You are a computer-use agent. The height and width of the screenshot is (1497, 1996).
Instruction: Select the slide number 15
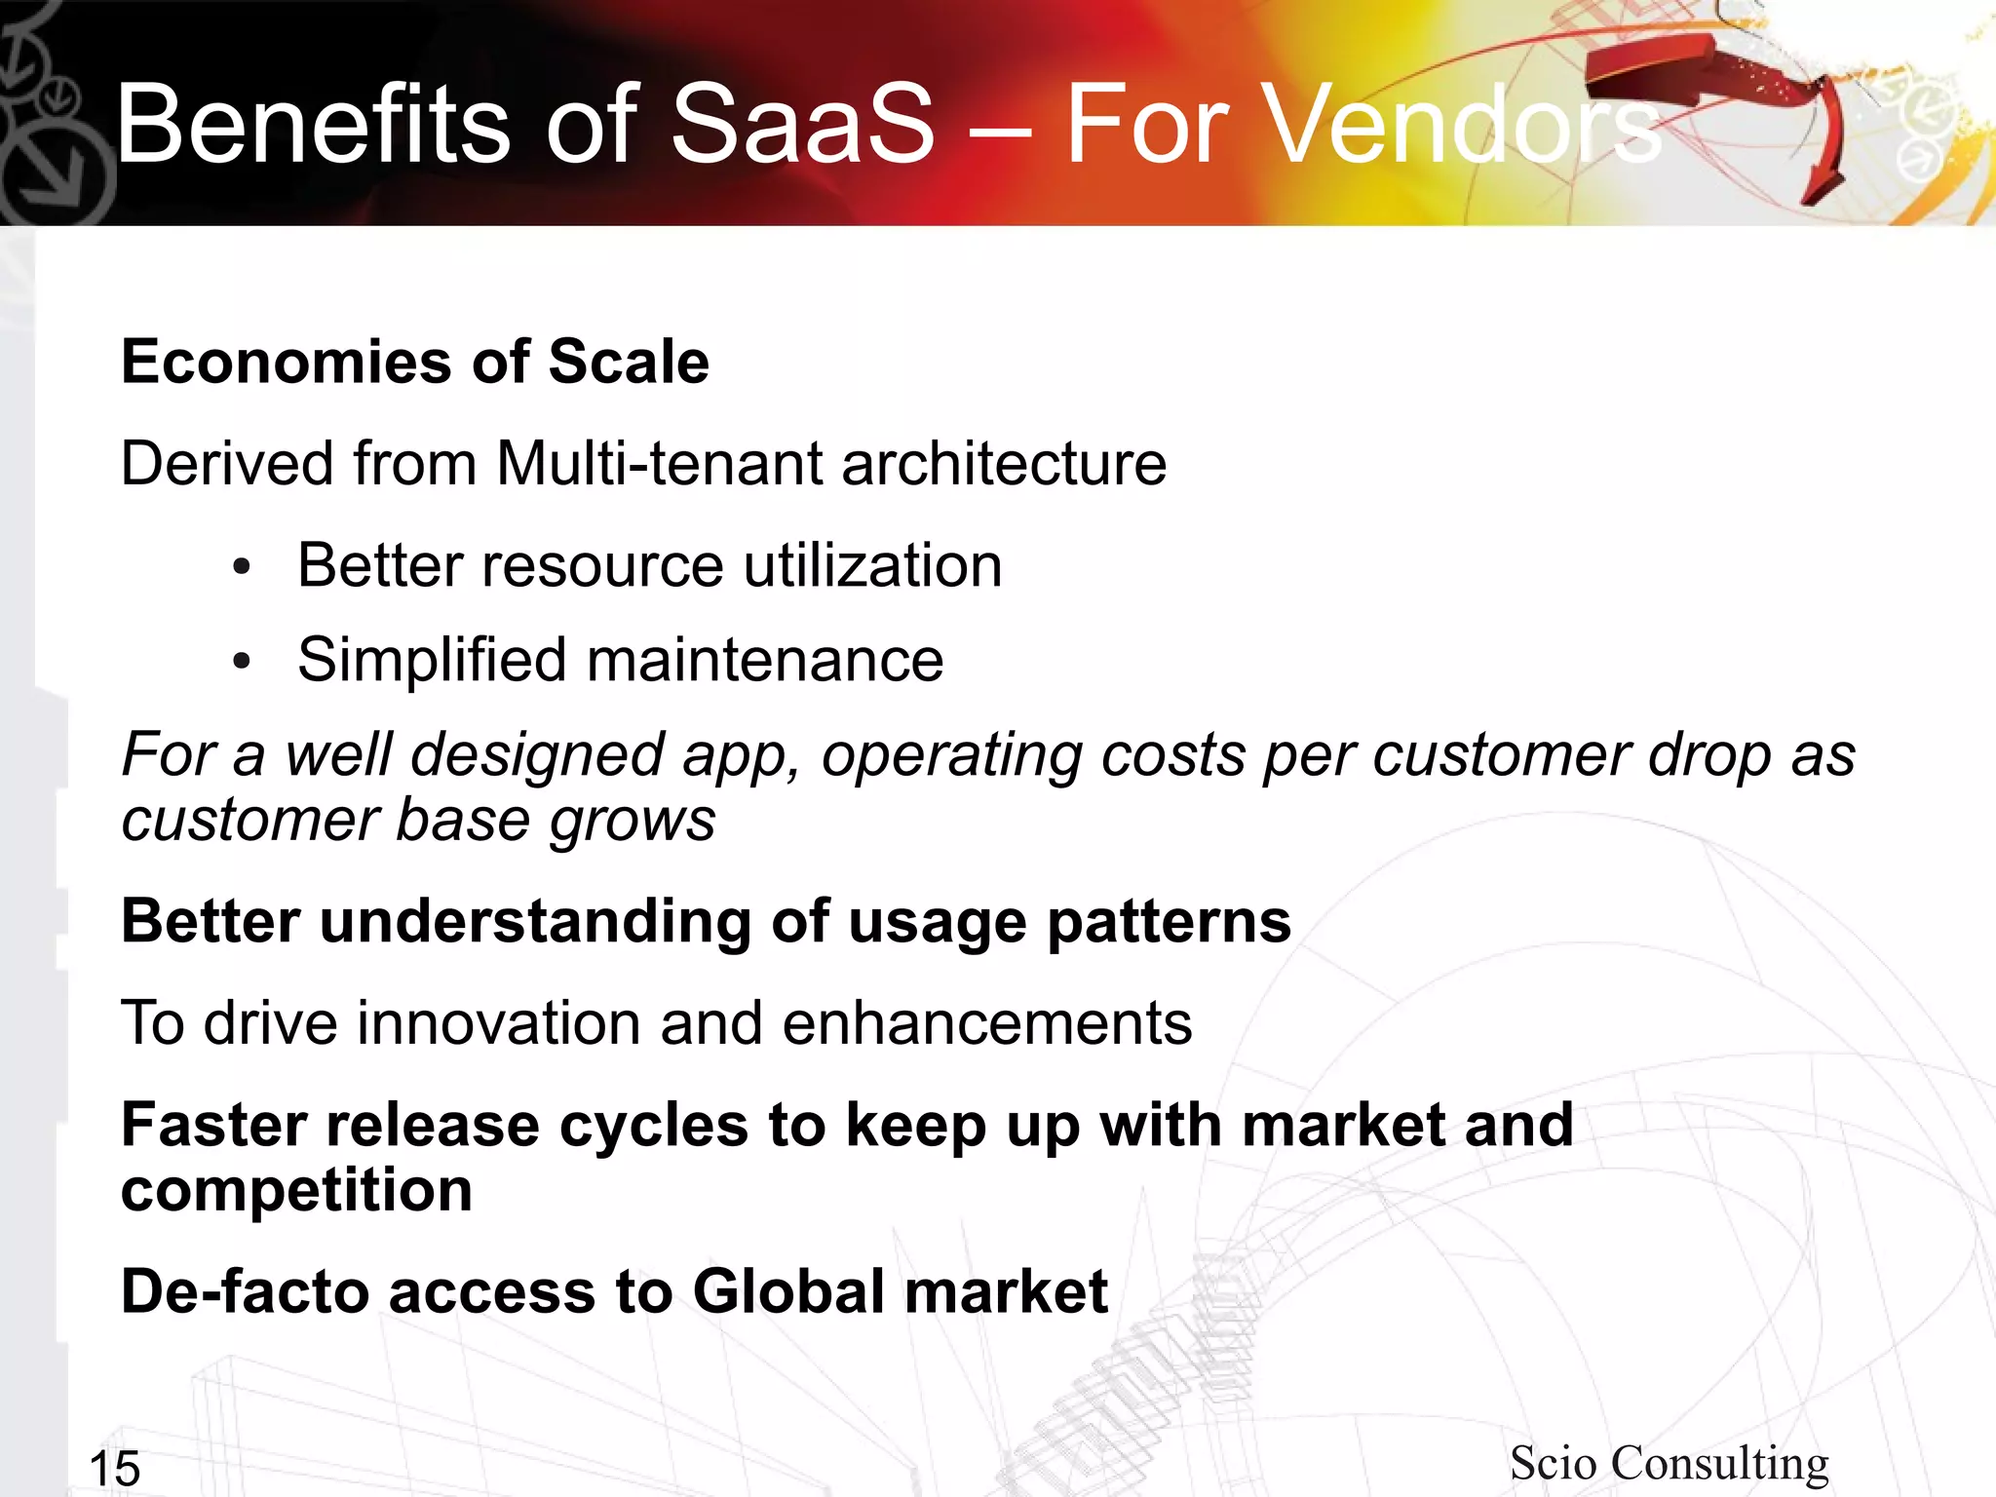point(115,1468)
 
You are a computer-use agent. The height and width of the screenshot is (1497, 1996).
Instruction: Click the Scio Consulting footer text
point(1669,1462)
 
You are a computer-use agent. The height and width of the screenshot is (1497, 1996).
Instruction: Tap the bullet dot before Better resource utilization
point(243,568)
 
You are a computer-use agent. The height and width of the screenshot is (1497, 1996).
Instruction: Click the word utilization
point(872,565)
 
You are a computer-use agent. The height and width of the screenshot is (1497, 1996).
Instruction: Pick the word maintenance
point(765,660)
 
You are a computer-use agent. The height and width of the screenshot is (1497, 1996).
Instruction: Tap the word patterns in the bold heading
point(1169,922)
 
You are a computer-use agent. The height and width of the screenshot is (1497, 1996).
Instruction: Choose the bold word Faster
point(213,1125)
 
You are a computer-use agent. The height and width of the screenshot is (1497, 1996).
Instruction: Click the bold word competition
point(296,1191)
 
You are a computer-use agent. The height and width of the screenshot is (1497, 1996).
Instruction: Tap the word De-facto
point(245,1291)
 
